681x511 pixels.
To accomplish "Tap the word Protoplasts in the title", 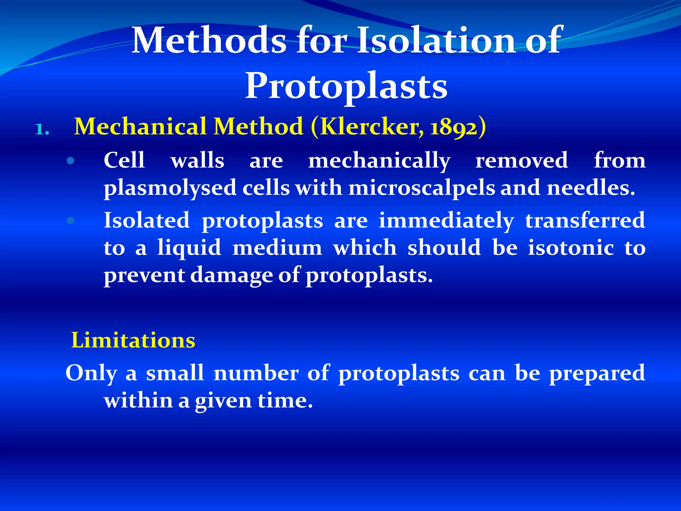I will tap(346, 86).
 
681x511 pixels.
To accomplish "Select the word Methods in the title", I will tap(209, 41).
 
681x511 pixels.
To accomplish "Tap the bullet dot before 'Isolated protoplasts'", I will tap(70, 221).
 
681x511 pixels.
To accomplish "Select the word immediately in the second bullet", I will tap(446, 221).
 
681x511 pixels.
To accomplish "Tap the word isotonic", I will tap(571, 248).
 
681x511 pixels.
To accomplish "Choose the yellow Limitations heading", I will tap(133, 340).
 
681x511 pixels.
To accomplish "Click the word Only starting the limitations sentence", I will tap(91, 373).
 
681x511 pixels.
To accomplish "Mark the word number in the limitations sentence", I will tap(256, 373).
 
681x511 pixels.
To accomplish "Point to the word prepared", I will tap(597, 374).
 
